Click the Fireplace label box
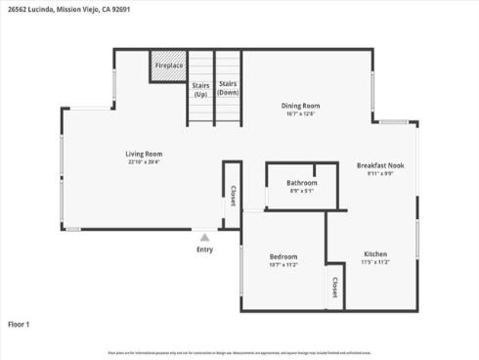(168, 66)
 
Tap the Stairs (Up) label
(200, 90)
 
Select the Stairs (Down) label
(228, 90)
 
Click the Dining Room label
(301, 106)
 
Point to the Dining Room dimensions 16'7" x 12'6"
(301, 113)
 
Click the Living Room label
(144, 154)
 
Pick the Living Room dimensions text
(144, 162)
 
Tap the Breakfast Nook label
(380, 165)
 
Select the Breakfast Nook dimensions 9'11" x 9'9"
(380, 174)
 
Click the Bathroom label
(301, 183)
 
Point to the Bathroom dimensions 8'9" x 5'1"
(301, 191)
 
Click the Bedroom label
(283, 256)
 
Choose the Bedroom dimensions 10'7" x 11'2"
(283, 264)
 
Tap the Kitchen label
(375, 253)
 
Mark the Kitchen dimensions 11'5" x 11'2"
(375, 262)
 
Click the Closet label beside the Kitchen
(334, 288)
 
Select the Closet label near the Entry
(233, 196)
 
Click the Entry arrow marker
(204, 237)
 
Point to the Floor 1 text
(20, 323)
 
